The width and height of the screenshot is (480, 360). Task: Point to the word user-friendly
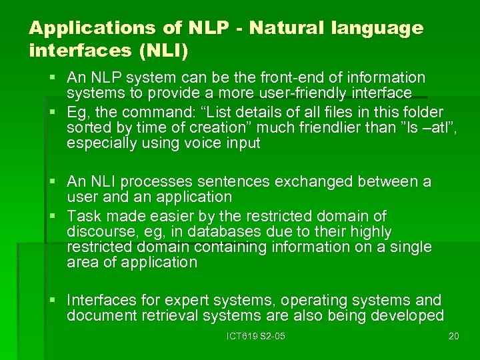[x=319, y=93]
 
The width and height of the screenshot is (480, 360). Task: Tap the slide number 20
[x=453, y=336]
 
